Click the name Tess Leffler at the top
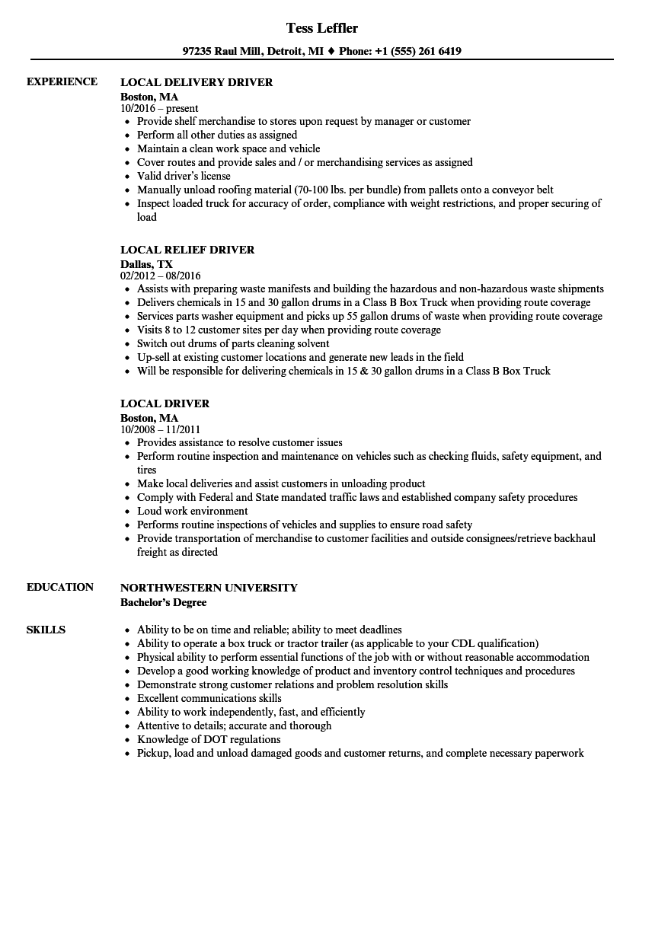[x=321, y=28]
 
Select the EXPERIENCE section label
[x=62, y=81]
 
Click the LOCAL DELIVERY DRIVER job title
[x=196, y=82]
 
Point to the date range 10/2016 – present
[x=159, y=108]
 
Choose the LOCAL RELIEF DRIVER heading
[x=187, y=250]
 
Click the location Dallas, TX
[x=146, y=264]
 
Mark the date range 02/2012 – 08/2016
[x=161, y=276]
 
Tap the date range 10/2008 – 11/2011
[x=160, y=429]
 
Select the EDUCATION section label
[x=60, y=587]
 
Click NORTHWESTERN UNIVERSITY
[x=209, y=588]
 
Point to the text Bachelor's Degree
[x=163, y=602]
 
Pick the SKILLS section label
[x=46, y=630]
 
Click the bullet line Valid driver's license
[x=184, y=176]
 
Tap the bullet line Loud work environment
[x=192, y=511]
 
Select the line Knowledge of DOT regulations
[x=209, y=739]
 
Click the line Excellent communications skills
[x=209, y=698]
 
